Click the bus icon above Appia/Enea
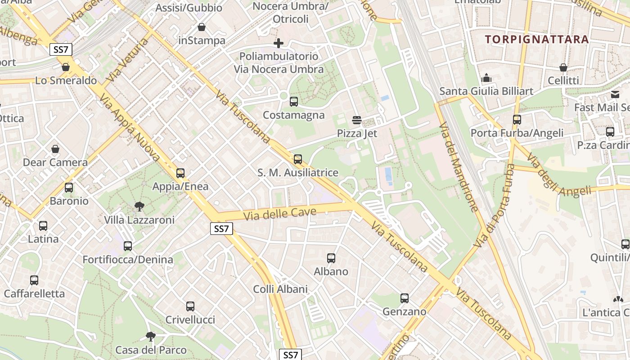pos(180,173)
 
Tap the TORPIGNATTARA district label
pos(537,39)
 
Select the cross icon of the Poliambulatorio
pos(279,43)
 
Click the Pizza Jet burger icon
pos(357,120)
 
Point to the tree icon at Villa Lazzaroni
pos(139,207)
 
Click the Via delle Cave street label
pos(280,214)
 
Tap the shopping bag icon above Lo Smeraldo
pos(66,67)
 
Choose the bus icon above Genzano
pos(405,298)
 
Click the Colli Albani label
pos(280,289)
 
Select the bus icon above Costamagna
pos(294,101)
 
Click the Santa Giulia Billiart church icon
pos(486,78)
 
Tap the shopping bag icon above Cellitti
pos(563,67)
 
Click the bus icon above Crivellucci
pos(190,306)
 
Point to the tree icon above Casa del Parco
pos(151,337)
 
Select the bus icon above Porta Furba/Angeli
pos(517,120)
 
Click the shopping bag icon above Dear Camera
pos(55,148)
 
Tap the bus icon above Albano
pos(331,258)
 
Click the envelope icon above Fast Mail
pos(615,94)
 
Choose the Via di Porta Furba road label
pos(494,205)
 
